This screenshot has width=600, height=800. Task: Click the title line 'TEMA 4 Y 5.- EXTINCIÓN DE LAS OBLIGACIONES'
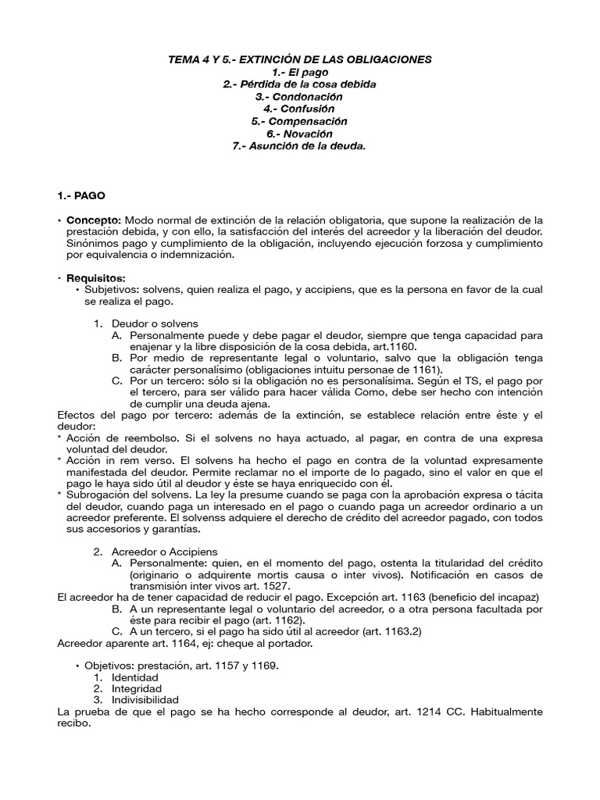pos(300,59)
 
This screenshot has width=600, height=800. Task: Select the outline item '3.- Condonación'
pos(300,97)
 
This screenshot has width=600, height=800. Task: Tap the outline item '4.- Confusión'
pos(300,109)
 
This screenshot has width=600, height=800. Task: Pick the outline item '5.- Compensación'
pos(300,122)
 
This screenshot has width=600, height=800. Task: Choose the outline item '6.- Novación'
pos(300,134)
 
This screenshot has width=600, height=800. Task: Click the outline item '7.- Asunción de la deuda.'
pos(300,147)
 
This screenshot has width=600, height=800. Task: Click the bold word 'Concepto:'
pos(94,220)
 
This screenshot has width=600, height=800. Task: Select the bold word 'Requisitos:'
pos(96,278)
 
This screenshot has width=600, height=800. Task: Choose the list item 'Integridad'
pos(137,689)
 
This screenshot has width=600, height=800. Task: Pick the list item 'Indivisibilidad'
pos(145,700)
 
